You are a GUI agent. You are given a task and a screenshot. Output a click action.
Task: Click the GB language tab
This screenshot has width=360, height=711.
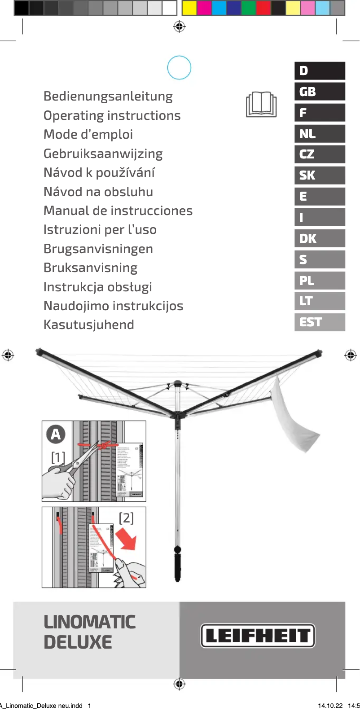tap(320, 92)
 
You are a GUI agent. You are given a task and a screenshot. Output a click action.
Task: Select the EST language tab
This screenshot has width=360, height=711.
tap(320, 322)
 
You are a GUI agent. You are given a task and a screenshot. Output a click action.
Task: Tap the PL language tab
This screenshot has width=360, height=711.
tap(320, 281)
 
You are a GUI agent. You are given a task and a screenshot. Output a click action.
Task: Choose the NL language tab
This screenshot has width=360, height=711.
tap(320, 134)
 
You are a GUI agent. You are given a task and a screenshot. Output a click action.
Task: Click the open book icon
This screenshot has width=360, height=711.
tap(261, 105)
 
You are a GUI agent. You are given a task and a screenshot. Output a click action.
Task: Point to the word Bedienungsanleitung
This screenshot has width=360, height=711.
tap(108, 97)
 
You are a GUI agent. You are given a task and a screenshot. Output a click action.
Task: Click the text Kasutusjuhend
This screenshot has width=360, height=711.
tap(89, 325)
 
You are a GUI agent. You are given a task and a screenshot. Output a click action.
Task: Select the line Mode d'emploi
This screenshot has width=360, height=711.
tap(88, 135)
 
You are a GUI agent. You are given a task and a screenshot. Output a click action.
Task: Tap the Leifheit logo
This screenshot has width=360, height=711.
tap(258, 635)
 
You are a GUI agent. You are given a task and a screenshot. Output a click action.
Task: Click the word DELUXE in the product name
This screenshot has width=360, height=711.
tap(78, 642)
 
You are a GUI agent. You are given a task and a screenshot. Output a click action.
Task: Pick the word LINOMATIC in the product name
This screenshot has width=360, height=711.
tap(90, 622)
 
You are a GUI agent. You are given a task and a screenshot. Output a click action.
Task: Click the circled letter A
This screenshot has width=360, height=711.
tap(56, 434)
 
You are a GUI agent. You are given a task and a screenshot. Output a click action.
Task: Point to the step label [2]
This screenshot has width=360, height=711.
tap(126, 518)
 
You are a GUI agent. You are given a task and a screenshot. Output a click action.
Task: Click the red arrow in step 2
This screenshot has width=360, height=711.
tap(127, 540)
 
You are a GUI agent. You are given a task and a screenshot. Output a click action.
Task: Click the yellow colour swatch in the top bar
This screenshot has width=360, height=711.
tap(189, 8)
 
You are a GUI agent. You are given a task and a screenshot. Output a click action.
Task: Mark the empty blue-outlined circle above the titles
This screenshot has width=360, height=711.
tap(179, 68)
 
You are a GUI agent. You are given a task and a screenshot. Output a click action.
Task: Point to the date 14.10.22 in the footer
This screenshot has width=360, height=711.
tap(330, 706)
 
